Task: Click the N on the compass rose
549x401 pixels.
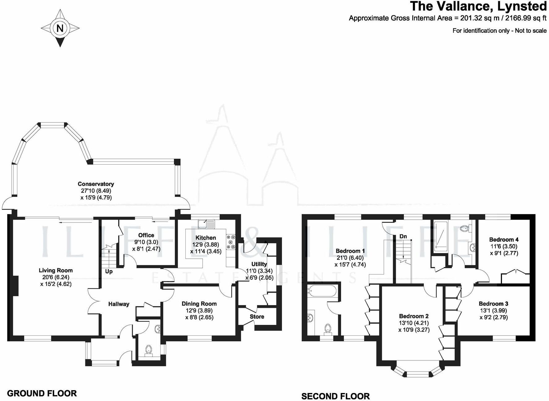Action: [x=60, y=28]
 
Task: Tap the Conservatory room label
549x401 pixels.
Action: [x=96, y=184]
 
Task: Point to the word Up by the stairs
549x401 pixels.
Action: [x=109, y=271]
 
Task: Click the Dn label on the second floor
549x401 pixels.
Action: [x=403, y=236]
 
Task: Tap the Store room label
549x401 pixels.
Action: [x=257, y=317]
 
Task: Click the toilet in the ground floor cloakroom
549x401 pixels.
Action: [x=149, y=350]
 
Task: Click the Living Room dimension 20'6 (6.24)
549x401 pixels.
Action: [x=55, y=277]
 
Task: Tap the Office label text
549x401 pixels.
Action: [x=146, y=235]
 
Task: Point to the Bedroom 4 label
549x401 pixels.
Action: [x=504, y=239]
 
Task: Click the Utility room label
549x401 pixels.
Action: [x=259, y=264]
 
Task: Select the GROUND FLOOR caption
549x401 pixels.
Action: [x=42, y=393]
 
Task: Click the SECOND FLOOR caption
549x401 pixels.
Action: [x=335, y=396]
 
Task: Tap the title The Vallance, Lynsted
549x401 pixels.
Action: [x=478, y=6]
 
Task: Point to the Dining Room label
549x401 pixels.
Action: [x=199, y=304]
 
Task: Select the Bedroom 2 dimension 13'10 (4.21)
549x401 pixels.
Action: [x=414, y=323]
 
